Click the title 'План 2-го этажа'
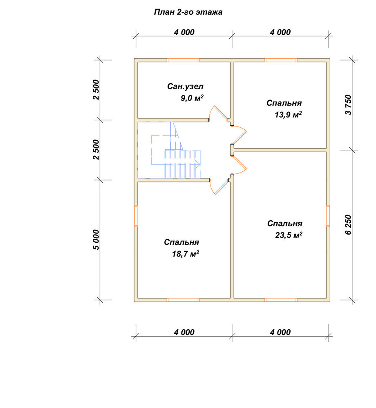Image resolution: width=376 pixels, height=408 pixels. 188,12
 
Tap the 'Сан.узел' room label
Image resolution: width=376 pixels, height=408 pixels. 185,86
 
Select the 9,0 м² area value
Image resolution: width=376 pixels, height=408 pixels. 192,98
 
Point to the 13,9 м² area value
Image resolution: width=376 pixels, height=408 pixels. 288,115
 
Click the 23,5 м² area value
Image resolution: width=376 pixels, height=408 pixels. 289,235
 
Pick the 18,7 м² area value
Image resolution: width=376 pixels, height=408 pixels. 185,254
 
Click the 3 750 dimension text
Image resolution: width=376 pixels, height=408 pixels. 348,105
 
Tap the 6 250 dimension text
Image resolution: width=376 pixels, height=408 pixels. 348,225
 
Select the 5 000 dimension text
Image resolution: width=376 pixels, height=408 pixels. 96,239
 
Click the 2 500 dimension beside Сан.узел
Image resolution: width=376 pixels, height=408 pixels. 96,90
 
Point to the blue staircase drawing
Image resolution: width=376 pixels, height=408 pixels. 169,150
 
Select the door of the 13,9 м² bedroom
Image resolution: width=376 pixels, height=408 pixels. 239,134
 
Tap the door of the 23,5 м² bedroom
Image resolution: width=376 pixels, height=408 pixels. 239,165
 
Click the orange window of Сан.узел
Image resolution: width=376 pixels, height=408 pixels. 183,60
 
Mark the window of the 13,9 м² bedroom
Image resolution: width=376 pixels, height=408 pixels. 281,60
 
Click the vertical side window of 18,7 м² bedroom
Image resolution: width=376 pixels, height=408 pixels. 136,216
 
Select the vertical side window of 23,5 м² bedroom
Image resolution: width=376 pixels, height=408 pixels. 328,216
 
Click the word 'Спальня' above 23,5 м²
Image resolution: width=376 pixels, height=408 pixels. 285,224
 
